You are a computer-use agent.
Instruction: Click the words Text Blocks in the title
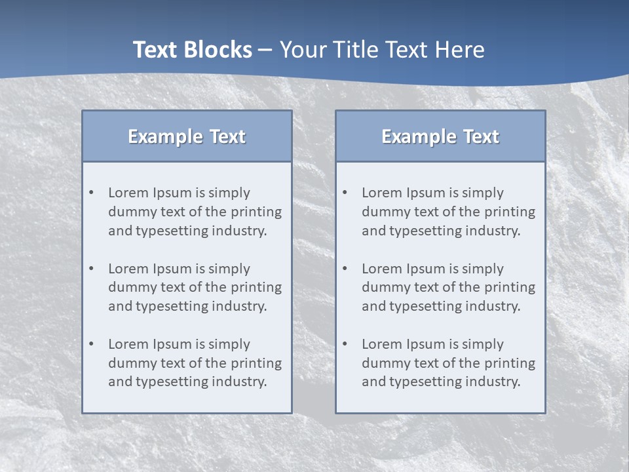pos(192,50)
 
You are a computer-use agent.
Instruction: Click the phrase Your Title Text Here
pos(382,50)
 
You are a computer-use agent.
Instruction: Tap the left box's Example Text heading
pos(187,136)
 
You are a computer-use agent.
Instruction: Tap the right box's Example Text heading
pos(440,136)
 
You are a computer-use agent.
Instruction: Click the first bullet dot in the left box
pos(92,193)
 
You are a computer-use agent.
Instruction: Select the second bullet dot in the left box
pos(92,269)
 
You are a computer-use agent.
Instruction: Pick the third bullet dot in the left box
pos(92,344)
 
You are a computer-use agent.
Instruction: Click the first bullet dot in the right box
pos(345,193)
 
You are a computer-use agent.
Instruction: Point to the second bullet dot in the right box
pos(345,269)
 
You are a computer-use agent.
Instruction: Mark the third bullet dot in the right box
pos(345,344)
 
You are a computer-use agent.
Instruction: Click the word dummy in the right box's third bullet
pos(385,363)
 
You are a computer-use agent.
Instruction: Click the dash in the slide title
pos(265,50)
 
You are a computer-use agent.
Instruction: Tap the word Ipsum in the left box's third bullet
pos(170,344)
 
